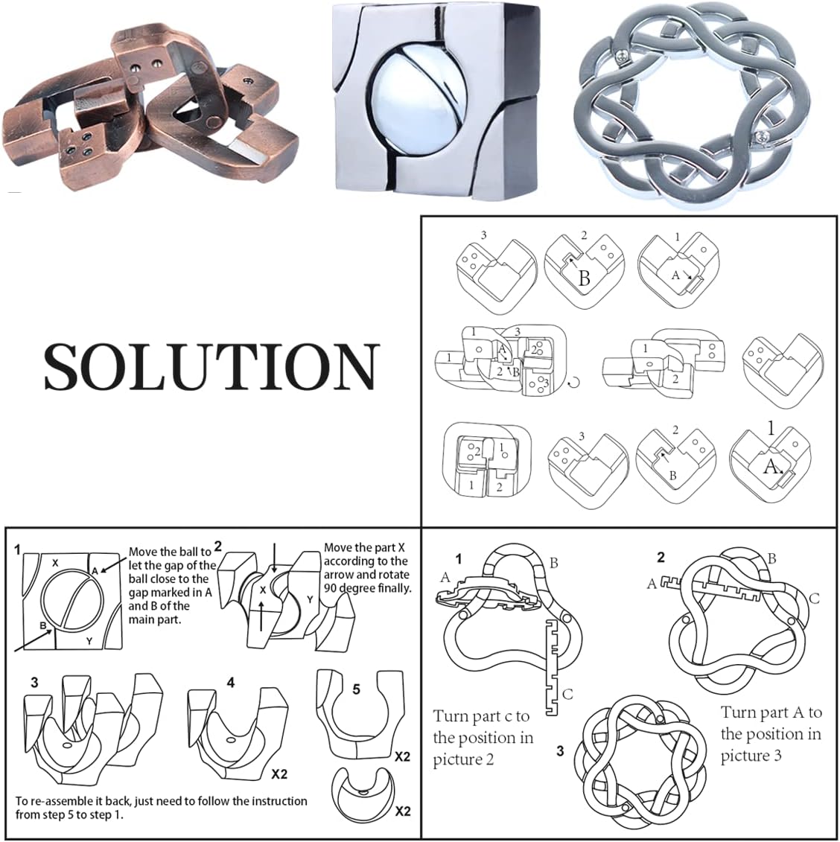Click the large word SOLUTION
point(211,366)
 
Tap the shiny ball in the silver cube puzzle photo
point(415,102)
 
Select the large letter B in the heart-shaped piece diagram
point(585,278)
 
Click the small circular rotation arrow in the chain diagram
point(573,383)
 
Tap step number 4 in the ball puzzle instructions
point(231,683)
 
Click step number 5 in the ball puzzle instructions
point(356,689)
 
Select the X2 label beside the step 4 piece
point(279,774)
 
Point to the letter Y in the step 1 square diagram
point(89,641)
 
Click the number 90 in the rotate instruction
point(331,588)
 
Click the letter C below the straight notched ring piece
point(567,695)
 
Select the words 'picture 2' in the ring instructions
point(463,759)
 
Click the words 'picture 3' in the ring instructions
point(751,756)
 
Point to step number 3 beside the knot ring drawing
point(560,750)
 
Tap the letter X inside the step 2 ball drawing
point(263,590)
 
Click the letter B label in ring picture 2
point(771,558)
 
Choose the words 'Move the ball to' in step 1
point(171,552)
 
